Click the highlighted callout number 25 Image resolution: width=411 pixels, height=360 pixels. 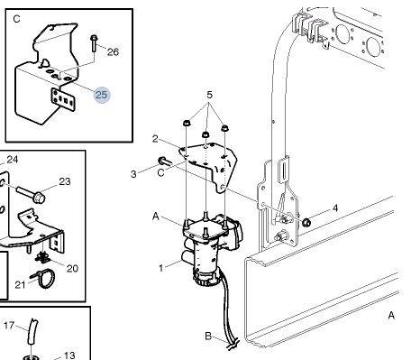pyautogui.click(x=101, y=95)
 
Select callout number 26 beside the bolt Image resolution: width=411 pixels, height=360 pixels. pyautogui.click(x=113, y=52)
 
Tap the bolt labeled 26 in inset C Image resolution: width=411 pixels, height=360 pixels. pyautogui.click(x=94, y=43)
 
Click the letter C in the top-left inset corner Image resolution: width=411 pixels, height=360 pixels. pyautogui.click(x=17, y=19)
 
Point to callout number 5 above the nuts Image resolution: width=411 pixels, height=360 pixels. pyautogui.click(x=209, y=95)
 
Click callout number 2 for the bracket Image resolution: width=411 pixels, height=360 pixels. pyautogui.click(x=155, y=139)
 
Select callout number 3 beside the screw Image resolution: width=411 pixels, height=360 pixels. pyautogui.click(x=133, y=174)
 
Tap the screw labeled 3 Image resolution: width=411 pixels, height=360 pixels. pyautogui.click(x=164, y=162)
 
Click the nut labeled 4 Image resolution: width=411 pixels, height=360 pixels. pyautogui.click(x=306, y=223)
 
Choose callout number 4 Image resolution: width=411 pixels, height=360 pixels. pyautogui.click(x=335, y=208)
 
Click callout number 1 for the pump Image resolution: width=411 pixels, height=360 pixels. pyautogui.click(x=161, y=268)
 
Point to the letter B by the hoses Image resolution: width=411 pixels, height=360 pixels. pyautogui.click(x=208, y=336)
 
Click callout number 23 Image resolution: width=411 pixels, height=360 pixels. pyautogui.click(x=65, y=181)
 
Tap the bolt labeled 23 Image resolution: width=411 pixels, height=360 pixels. pyautogui.click(x=31, y=194)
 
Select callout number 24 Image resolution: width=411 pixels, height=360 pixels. pyautogui.click(x=13, y=160)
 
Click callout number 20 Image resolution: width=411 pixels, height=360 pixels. pyautogui.click(x=72, y=268)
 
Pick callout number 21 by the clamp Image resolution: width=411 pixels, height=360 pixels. pyautogui.click(x=21, y=284)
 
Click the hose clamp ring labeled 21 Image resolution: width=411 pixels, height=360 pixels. pyautogui.click(x=43, y=279)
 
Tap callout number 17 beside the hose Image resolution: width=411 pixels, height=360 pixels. pyautogui.click(x=9, y=325)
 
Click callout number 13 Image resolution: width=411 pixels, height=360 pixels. pyautogui.click(x=69, y=355)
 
